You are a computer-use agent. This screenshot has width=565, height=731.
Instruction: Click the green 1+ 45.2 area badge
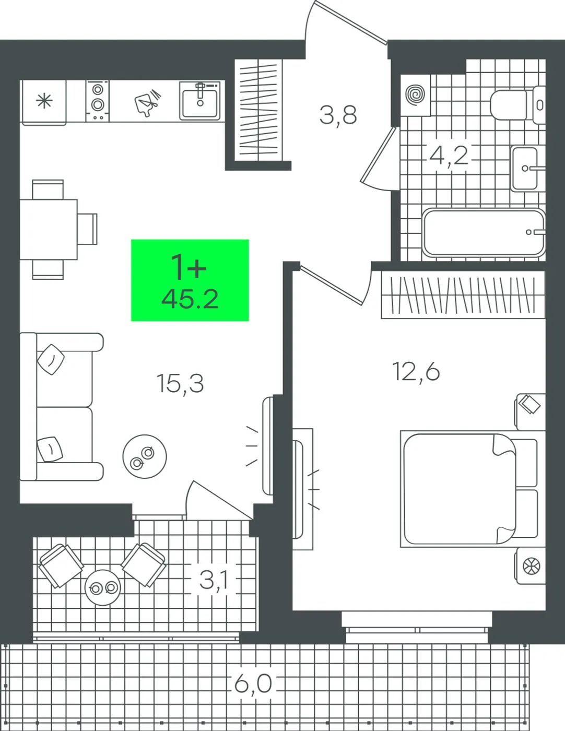pos(190,280)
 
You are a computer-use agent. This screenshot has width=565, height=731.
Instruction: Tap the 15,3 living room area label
pos(180,384)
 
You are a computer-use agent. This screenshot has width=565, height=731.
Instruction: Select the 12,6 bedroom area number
pos(416,372)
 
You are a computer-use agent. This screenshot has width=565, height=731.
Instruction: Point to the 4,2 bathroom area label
pos(449,155)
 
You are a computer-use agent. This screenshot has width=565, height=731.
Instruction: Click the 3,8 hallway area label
pos(338,115)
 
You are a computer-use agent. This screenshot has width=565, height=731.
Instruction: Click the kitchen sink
pos(200,101)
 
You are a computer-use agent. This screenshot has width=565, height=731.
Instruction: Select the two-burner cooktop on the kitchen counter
pos(98,101)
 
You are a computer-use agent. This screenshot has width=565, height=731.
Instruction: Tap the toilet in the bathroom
pos(518,104)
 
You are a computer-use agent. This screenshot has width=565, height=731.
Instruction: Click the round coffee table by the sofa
pos(145,456)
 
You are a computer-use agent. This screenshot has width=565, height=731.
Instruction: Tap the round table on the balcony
pos(102,587)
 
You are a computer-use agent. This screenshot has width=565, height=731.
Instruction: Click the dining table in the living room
pos(49,229)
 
